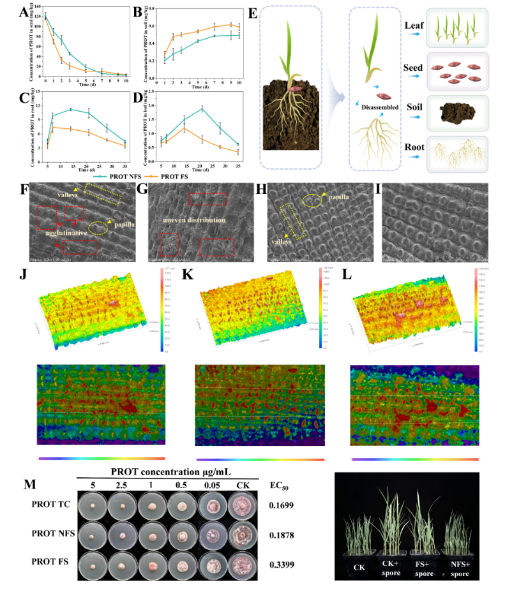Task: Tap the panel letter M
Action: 29,484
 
